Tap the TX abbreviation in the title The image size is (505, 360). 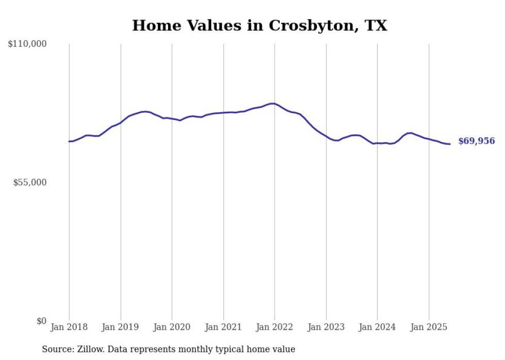tap(376, 26)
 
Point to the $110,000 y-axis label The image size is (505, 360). tap(27, 44)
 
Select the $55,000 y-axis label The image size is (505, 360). tap(29, 183)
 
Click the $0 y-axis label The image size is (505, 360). tap(41, 321)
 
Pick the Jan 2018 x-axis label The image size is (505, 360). tap(69, 327)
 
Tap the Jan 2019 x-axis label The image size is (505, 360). tap(121, 327)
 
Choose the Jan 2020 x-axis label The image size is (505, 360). tap(172, 327)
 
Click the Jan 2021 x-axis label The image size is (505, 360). tap(223, 327)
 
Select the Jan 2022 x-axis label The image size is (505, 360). tap(275, 327)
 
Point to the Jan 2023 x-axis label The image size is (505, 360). tap(326, 327)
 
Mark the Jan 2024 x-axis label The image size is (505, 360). tap(377, 327)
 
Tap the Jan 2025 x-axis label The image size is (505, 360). tap(429, 327)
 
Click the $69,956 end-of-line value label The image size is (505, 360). tap(476, 141)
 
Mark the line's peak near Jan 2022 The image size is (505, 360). tap(273, 104)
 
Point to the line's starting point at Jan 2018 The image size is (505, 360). tap(69, 141)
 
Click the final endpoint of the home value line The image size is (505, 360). tap(450, 144)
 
